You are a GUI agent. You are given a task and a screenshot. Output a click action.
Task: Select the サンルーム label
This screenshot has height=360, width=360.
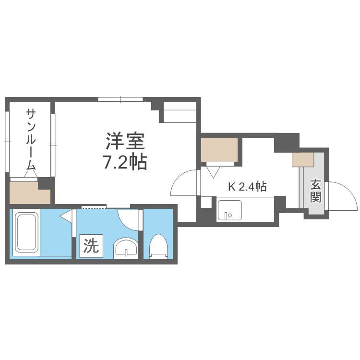coord(31,140)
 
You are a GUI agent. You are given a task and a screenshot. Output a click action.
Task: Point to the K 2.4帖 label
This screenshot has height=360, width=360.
coord(247,187)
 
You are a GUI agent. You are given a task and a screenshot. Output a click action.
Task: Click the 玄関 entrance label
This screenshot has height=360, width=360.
coord(315,190)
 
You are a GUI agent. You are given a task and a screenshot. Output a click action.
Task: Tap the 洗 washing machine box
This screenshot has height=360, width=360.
coord(91,246)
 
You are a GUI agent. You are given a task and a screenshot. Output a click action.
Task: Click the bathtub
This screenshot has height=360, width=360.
coord(26,232)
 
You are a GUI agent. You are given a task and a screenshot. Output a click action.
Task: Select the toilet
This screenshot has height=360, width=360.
coord(158,246)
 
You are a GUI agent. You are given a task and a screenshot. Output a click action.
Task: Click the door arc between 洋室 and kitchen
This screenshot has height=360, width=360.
coord(185,182)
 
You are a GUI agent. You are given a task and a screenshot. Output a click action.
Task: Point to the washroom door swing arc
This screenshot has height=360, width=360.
coord(129,218)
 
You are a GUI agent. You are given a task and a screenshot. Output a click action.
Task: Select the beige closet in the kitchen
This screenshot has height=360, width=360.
coord(219,149)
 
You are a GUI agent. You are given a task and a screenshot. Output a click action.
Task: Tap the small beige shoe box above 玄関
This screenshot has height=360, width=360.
coord(302,159)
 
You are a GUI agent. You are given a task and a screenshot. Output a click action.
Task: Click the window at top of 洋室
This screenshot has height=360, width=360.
coord(120,99)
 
